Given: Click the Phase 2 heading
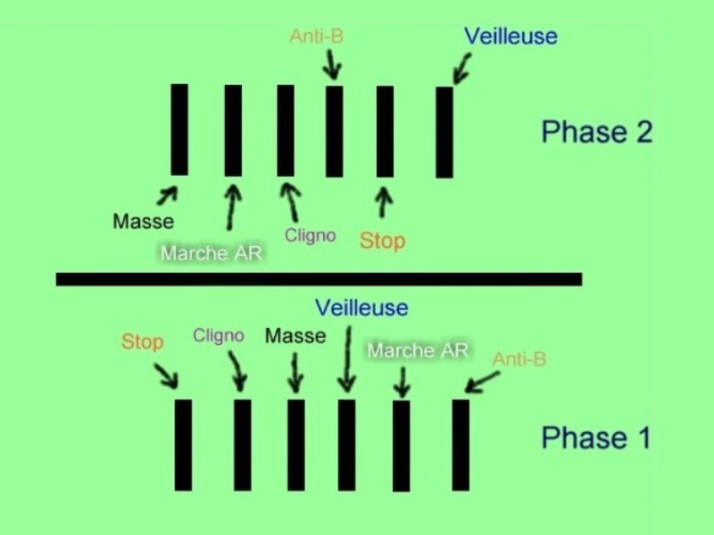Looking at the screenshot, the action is click(596, 132).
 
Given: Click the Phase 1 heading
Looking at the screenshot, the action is click(595, 438).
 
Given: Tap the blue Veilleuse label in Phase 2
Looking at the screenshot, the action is click(511, 37).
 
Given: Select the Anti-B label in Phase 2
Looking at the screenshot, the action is click(317, 36).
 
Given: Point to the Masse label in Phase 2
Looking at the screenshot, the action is click(144, 221).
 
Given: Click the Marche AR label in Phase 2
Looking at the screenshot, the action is click(212, 253).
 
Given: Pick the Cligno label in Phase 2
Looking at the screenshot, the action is click(310, 235).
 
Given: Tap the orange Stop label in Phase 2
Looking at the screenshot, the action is click(382, 241).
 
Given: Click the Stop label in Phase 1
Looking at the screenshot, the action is click(142, 342).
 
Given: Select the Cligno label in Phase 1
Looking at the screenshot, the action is click(218, 336).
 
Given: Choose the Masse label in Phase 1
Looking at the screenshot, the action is click(295, 336).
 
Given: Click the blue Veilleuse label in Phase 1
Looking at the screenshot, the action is click(361, 308).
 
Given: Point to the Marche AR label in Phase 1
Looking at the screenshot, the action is click(418, 350).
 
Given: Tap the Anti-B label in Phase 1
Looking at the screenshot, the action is click(519, 359).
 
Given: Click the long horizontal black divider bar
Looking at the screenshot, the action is click(319, 279).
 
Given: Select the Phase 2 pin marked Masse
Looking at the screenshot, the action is click(179, 129).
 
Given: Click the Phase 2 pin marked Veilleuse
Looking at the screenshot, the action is click(444, 132).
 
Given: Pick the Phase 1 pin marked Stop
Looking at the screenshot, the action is click(183, 445).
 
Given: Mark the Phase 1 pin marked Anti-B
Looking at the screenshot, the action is click(461, 445).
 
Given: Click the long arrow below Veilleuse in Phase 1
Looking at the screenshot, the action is click(348, 359).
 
